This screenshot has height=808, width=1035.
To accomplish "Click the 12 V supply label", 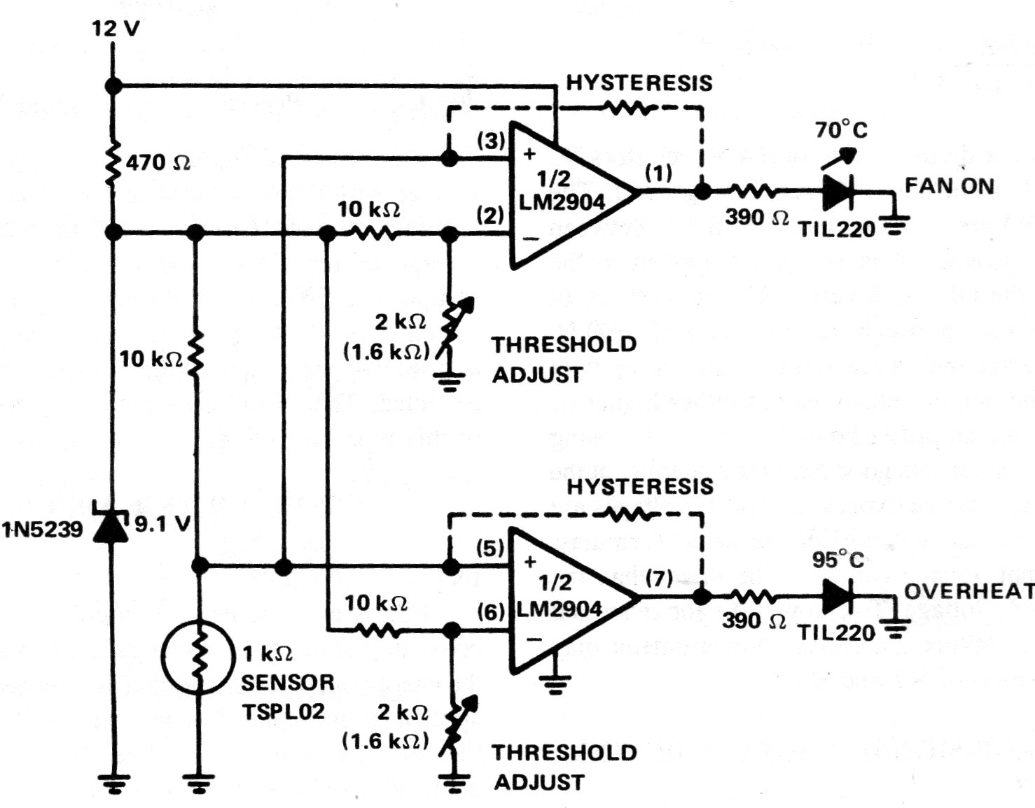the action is (x=116, y=29).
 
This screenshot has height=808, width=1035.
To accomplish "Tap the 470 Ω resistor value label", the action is (x=158, y=163).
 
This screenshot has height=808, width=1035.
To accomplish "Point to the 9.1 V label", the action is (x=162, y=525).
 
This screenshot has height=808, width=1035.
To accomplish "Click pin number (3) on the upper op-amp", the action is (x=491, y=141).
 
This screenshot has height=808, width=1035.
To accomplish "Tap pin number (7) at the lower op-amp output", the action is (x=659, y=579).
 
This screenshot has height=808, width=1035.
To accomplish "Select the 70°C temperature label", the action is (x=841, y=129).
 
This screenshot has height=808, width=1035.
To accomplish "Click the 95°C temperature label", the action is (x=838, y=560).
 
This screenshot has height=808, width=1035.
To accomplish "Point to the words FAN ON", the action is (x=950, y=185).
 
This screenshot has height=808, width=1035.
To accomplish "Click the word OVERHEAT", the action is (x=969, y=591).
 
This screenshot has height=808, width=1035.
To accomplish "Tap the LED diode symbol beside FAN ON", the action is (x=838, y=191).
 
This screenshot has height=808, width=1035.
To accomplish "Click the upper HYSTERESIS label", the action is (x=639, y=84).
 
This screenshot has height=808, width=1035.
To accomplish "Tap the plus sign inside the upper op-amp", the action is (x=529, y=154).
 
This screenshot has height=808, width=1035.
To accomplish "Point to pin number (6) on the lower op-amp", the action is (x=491, y=612).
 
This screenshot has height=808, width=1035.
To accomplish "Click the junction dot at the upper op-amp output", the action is (x=702, y=192).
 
